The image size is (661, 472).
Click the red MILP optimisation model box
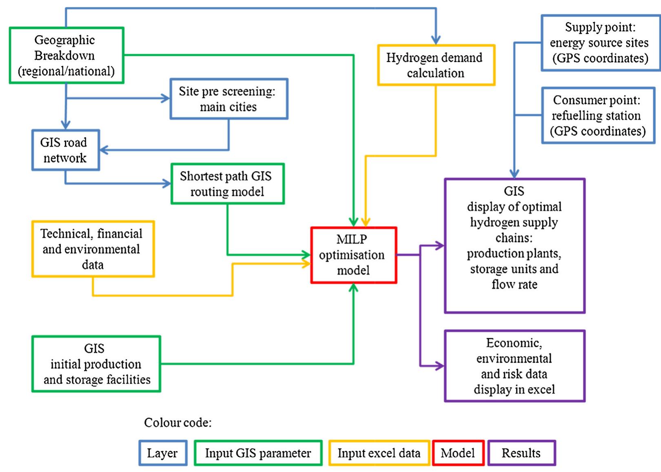pos(353,255)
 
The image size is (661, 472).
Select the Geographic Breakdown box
pos(67,56)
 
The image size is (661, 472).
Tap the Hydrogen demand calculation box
pos(436,65)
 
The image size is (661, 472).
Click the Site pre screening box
pos(228,99)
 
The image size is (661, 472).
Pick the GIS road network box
pos(65,150)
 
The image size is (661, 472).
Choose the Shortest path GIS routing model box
pos(227,184)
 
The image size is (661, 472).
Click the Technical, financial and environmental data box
pos(93,249)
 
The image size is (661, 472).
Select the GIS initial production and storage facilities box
pos(96,364)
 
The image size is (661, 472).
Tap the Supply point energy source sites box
pos(600,43)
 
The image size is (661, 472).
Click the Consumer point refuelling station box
pos(598,116)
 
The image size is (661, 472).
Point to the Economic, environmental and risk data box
pos(515,366)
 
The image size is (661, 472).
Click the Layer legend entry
pos(163,453)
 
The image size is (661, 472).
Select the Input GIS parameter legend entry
pos(258,453)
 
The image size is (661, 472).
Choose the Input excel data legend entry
pos(379,453)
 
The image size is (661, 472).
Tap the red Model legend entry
pos(458,453)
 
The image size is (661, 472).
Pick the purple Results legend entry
pos(521,453)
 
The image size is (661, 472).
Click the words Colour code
pos(178,423)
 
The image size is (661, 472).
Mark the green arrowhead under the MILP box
pos(353,288)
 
